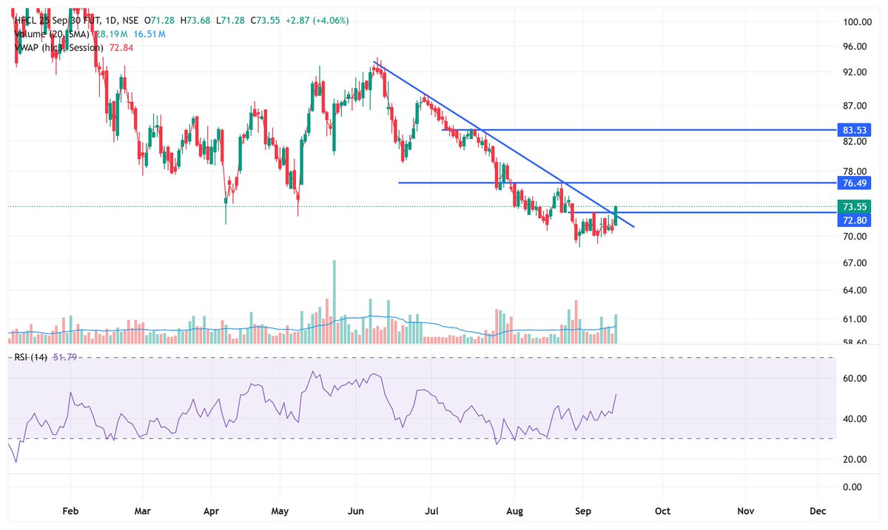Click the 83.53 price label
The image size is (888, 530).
(x=854, y=130)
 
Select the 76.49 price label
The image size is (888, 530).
(x=854, y=183)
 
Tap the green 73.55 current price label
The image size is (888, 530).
(x=854, y=206)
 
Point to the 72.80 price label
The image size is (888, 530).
(x=854, y=221)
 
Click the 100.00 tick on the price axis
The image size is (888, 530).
(x=854, y=22)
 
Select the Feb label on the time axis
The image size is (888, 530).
(x=70, y=511)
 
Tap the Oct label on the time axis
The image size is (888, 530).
(x=662, y=511)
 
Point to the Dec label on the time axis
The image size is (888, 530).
(x=818, y=511)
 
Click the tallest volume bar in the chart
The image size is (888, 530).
(x=334, y=301)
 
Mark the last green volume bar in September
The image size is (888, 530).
(x=616, y=328)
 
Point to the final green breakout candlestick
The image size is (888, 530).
(x=616, y=215)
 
